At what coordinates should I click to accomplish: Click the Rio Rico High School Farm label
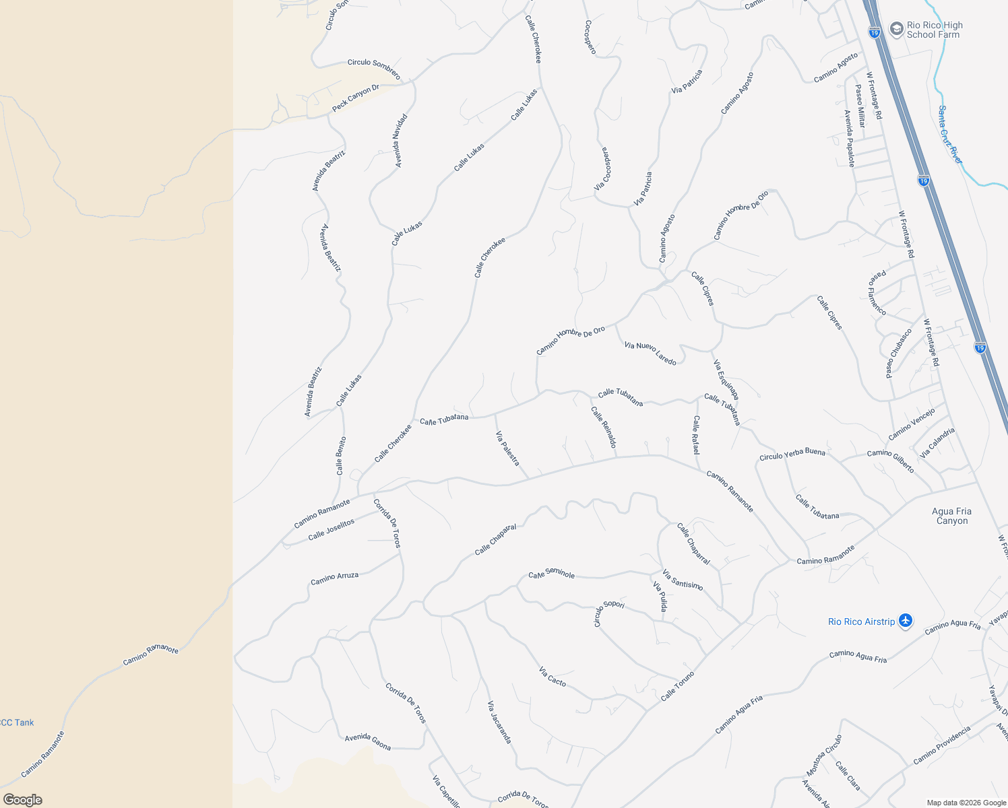click(934, 30)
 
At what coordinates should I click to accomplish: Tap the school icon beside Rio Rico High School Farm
click(896, 29)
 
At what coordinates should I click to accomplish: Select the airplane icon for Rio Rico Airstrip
click(906, 621)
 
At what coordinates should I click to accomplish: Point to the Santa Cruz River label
click(951, 134)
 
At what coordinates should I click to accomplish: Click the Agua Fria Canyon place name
click(951, 516)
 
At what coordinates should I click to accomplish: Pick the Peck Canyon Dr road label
click(356, 98)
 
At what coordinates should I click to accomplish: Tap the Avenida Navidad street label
click(400, 141)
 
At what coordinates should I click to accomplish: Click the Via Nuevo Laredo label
click(650, 353)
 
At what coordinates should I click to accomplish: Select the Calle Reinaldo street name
click(604, 427)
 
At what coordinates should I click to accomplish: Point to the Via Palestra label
click(508, 448)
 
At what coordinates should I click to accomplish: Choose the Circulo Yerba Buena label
click(792, 454)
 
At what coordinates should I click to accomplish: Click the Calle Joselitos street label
click(331, 530)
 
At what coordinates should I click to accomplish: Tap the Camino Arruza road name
click(334, 578)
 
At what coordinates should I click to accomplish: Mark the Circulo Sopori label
click(608, 612)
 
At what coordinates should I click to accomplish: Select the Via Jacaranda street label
click(499, 722)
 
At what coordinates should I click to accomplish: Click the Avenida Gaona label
click(368, 741)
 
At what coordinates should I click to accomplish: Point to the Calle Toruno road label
click(677, 686)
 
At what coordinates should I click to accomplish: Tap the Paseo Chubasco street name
click(899, 353)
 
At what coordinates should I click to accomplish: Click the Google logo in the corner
click(23, 800)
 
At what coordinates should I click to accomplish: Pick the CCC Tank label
click(17, 722)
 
